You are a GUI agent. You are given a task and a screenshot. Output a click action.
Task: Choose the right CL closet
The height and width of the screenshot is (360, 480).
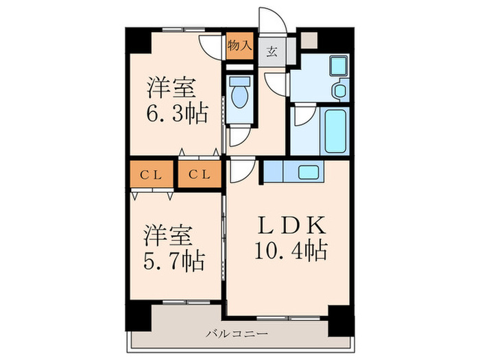point(200,174)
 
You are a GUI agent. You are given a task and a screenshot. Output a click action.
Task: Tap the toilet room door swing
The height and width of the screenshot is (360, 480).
point(236,137)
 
